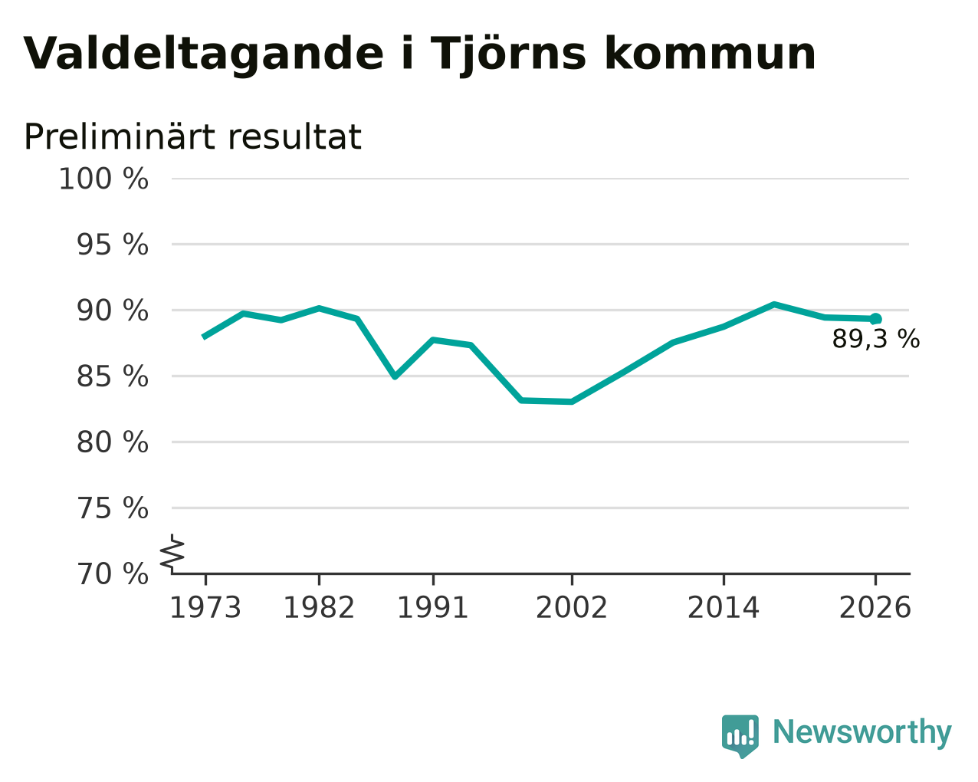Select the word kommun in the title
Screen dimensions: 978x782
[x=710, y=54]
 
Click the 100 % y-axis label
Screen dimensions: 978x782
[x=103, y=179]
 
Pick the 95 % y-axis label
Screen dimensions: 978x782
[x=112, y=245]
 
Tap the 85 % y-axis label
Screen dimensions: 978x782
[x=112, y=376]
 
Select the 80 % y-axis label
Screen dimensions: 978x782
[x=112, y=442]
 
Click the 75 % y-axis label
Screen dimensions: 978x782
[x=112, y=508]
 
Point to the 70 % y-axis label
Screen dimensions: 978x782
[x=112, y=574]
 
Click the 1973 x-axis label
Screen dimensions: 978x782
[x=205, y=608]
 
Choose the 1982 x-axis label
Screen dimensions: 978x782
[x=319, y=608]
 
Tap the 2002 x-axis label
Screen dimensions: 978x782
[x=572, y=608]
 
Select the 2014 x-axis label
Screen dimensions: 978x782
[x=724, y=608]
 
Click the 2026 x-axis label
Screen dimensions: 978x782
[x=875, y=608]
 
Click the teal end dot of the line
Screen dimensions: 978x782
[x=875, y=319]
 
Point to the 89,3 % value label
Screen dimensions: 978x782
[x=876, y=339]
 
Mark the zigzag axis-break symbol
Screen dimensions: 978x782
[x=172, y=554]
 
